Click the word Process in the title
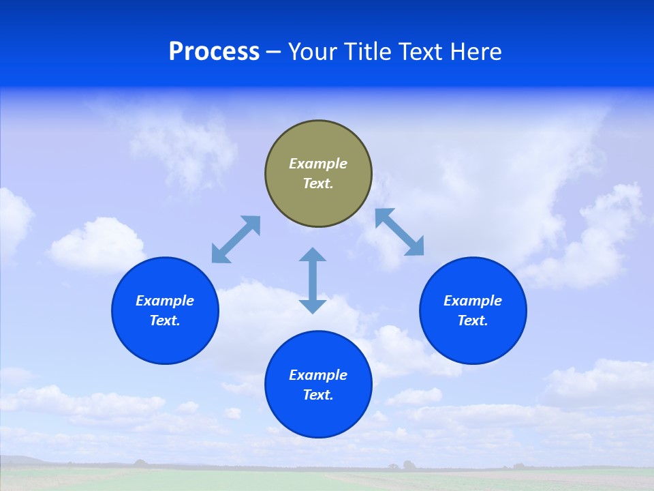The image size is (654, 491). pos(214,52)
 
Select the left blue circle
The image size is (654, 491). pos(165,341)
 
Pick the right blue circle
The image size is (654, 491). pos(473,341)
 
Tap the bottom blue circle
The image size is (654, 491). pos(318,416)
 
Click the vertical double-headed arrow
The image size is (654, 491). pos(313,280)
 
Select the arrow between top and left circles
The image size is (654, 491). pos(236,239)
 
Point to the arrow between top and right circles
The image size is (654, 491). pos(400,232)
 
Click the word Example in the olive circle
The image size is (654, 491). pos(318,164)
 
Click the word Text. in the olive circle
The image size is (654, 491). pos(318,183)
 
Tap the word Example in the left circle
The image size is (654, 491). pos(165,301)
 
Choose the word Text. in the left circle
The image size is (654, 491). pos(165,321)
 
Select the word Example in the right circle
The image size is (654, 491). pos(473,301)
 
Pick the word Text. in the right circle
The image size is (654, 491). pos(473,321)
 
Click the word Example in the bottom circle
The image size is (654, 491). pos(318,375)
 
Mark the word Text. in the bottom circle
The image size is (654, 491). pos(318,395)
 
